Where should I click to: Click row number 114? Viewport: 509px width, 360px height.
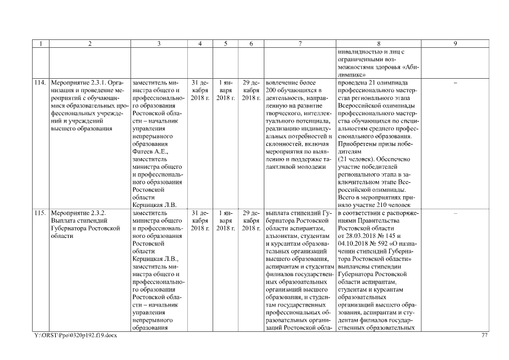39,83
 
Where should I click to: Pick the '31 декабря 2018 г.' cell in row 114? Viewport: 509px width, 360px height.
200,91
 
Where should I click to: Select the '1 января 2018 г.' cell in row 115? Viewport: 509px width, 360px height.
226,221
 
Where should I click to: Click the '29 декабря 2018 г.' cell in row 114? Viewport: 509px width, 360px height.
250,91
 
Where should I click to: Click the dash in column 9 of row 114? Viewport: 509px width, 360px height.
454,83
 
